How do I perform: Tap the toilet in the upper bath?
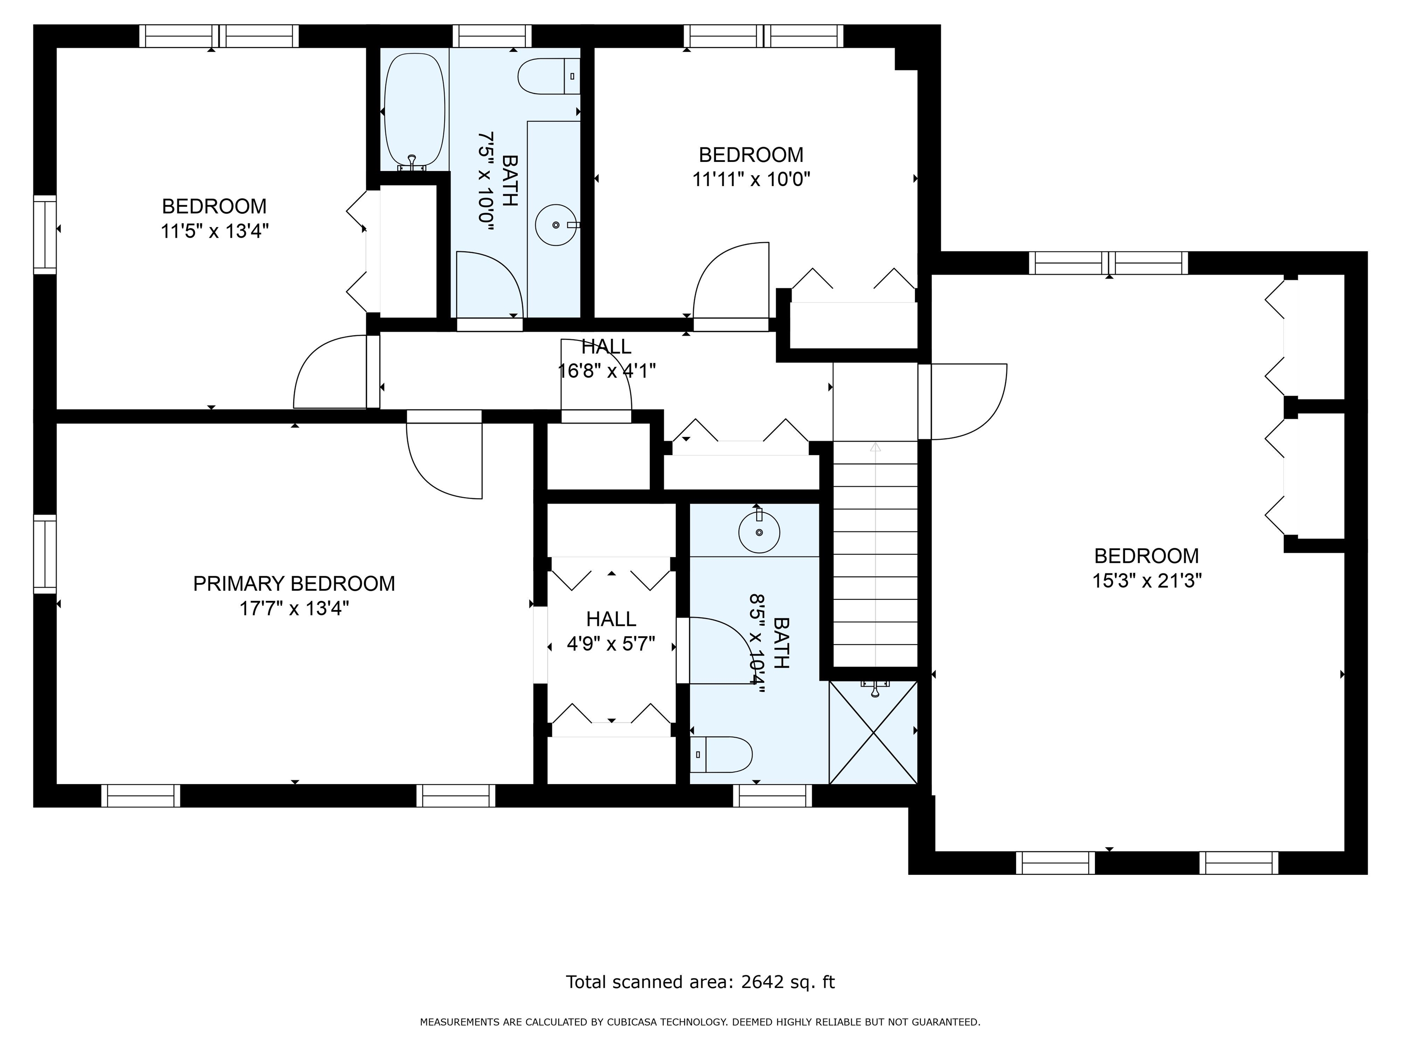tap(549, 76)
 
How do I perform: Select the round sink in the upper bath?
tap(556, 225)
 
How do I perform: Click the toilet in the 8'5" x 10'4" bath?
tap(721, 754)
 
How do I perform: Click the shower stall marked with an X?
tap(873, 732)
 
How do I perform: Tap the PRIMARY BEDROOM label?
tap(294, 583)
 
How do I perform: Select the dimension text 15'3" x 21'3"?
tap(1147, 580)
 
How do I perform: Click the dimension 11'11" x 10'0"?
tap(751, 179)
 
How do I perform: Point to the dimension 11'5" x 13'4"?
tap(215, 231)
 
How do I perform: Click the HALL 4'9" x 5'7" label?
tap(611, 631)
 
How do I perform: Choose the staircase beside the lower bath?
tap(875, 554)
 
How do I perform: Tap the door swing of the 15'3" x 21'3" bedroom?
tap(963, 401)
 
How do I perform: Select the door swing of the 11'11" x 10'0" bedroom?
tap(732, 280)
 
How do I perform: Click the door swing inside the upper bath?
tap(490, 284)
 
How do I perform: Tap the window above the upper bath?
tap(492, 36)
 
